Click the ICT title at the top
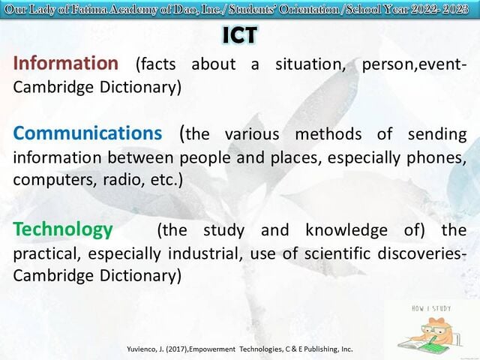[x=240, y=35]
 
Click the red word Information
[x=66, y=63]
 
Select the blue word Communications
[x=88, y=133]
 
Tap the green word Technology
[x=63, y=230]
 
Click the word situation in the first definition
[x=310, y=64]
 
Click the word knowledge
[x=346, y=230]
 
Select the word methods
[x=328, y=135]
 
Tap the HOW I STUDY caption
[x=431, y=308]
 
